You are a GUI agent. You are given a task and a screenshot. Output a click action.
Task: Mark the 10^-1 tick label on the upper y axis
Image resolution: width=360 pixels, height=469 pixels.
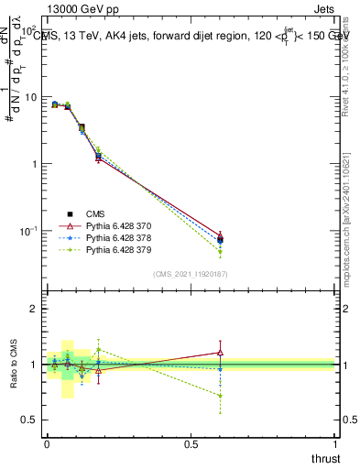(30, 231)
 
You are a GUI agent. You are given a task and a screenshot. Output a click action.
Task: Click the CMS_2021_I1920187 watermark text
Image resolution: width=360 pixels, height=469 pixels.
(190, 274)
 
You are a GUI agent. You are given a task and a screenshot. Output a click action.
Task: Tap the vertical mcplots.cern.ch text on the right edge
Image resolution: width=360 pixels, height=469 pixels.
(352, 229)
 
